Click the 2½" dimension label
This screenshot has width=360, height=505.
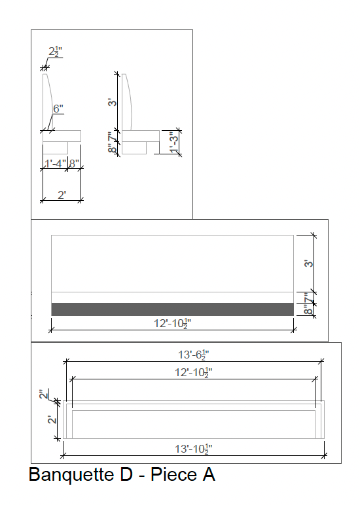coord(56,52)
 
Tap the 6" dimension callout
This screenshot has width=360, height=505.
coord(58,109)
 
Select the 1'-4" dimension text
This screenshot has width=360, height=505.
coord(55,164)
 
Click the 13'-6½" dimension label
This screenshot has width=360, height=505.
coord(193,355)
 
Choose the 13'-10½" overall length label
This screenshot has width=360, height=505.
coord(193,449)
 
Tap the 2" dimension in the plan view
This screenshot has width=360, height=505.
coord(44,394)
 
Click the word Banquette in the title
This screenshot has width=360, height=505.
coord(71,475)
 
